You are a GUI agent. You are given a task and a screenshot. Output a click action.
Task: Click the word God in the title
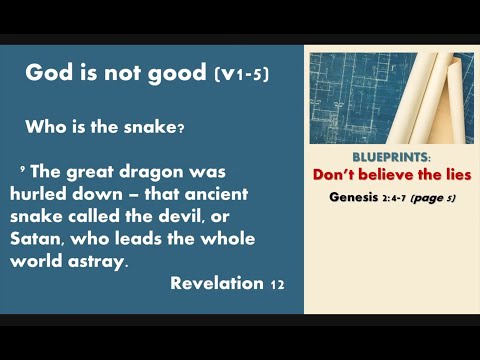[46, 73]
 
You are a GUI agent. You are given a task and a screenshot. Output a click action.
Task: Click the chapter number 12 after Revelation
[277, 284]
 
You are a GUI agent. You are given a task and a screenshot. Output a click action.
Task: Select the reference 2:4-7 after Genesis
[399, 197]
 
